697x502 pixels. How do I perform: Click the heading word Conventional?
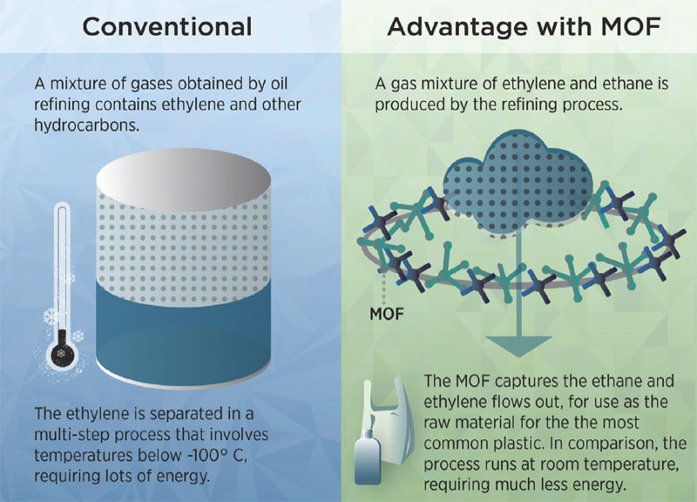point(167,27)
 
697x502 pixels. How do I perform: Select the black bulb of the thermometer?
point(62,353)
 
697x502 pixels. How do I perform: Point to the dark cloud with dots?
point(518,182)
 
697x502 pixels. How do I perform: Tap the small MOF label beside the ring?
point(387,314)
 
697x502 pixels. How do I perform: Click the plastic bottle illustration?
point(368,457)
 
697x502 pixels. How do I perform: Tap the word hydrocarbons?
point(86,125)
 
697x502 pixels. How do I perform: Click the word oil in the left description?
point(279,84)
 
